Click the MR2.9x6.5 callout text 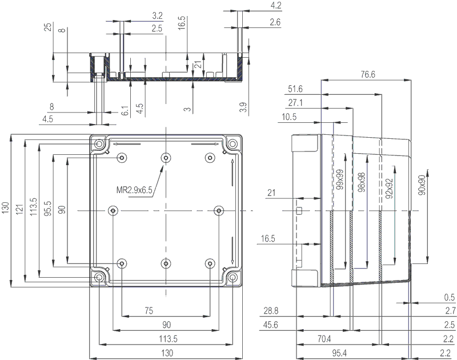click(133, 190)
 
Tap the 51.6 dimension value click(295, 89)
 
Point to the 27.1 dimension click(295, 103)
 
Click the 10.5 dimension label click(290, 117)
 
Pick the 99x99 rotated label click(339, 180)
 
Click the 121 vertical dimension click(20, 210)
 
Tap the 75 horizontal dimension click(149, 311)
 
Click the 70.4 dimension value click(324, 339)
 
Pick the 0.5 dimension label click(450, 297)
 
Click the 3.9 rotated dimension click(243, 107)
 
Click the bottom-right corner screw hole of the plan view click(233, 278)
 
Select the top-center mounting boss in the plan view click(166, 158)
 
